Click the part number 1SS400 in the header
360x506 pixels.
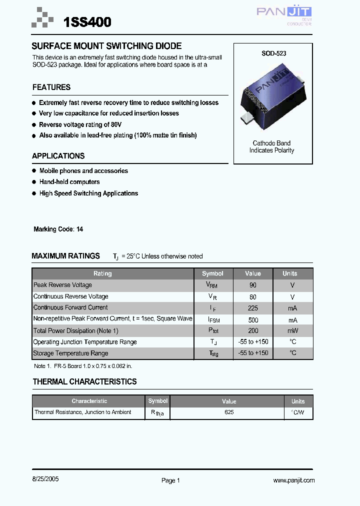tap(87, 22)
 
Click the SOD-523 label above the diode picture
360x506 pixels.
tap(273, 53)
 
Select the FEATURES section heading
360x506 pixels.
tap(51, 87)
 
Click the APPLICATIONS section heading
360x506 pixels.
tap(58, 156)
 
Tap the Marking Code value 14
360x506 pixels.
tap(80, 229)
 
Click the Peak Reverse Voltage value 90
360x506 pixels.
tap(253, 285)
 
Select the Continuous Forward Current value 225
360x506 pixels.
tap(253, 308)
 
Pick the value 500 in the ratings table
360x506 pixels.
tap(253, 319)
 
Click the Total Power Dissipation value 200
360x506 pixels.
tap(253, 331)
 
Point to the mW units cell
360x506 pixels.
tap(292, 331)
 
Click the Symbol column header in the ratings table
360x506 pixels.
tap(212, 273)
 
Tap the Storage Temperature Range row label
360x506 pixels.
tap(70, 353)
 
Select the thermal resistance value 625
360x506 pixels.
tap(229, 412)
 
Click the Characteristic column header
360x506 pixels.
tap(89, 401)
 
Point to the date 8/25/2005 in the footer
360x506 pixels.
tap(45, 478)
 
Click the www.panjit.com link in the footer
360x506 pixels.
tap(294, 480)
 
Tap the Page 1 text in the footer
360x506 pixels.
tap(170, 480)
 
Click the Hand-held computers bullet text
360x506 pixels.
tap(69, 182)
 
